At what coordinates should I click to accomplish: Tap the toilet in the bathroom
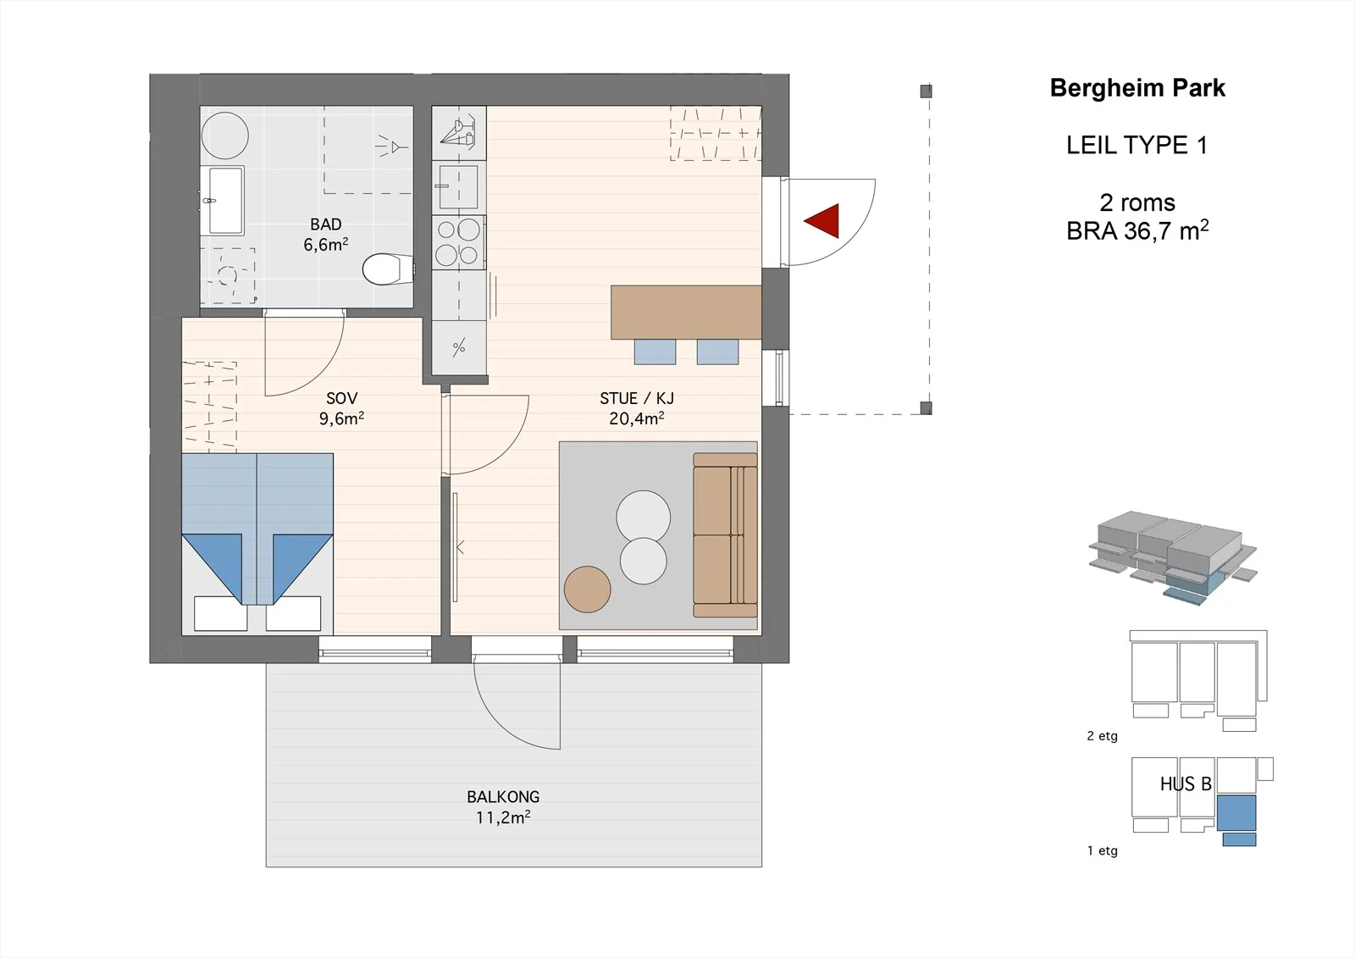(x=388, y=269)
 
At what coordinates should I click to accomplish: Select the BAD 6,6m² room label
(x=326, y=235)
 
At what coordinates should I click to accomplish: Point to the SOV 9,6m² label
(x=342, y=408)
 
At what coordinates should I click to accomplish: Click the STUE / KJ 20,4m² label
(x=637, y=408)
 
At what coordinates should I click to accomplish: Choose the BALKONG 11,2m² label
(x=503, y=806)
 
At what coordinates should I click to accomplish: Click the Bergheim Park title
(x=1137, y=88)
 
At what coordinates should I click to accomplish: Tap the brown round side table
(x=588, y=589)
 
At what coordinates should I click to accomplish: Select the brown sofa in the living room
(x=725, y=535)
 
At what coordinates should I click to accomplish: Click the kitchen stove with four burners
(x=458, y=242)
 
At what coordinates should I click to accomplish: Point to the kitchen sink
(x=458, y=187)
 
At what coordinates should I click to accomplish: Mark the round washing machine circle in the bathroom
(x=225, y=136)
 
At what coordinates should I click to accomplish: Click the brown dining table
(x=686, y=313)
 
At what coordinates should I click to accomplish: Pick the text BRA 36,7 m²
(x=1137, y=230)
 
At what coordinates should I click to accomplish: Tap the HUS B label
(x=1186, y=784)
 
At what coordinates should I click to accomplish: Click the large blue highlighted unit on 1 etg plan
(x=1236, y=813)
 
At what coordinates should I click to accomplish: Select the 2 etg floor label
(x=1102, y=736)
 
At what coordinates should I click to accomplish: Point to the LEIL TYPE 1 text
(x=1137, y=145)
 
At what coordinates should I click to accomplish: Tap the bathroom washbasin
(x=225, y=200)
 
